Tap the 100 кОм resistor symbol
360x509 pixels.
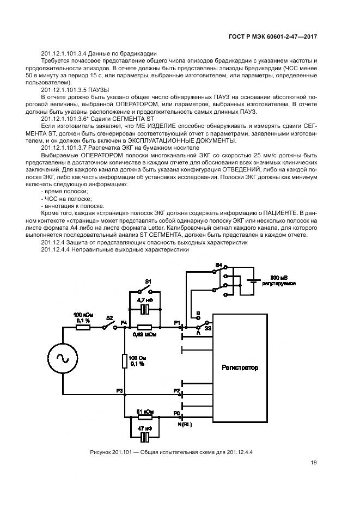[x=83, y=327]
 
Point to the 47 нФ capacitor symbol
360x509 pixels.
[x=145, y=437]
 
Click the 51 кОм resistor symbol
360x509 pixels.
[x=145, y=417]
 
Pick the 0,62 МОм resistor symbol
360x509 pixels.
[x=145, y=327]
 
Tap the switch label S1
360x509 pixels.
[x=147, y=281]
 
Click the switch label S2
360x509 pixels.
[x=109, y=318]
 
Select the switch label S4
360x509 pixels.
[x=219, y=265]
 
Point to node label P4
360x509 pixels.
[x=124, y=322]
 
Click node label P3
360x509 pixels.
[x=119, y=391]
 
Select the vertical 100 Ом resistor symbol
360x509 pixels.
[x=125, y=360]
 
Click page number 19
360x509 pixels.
[x=314, y=463]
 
